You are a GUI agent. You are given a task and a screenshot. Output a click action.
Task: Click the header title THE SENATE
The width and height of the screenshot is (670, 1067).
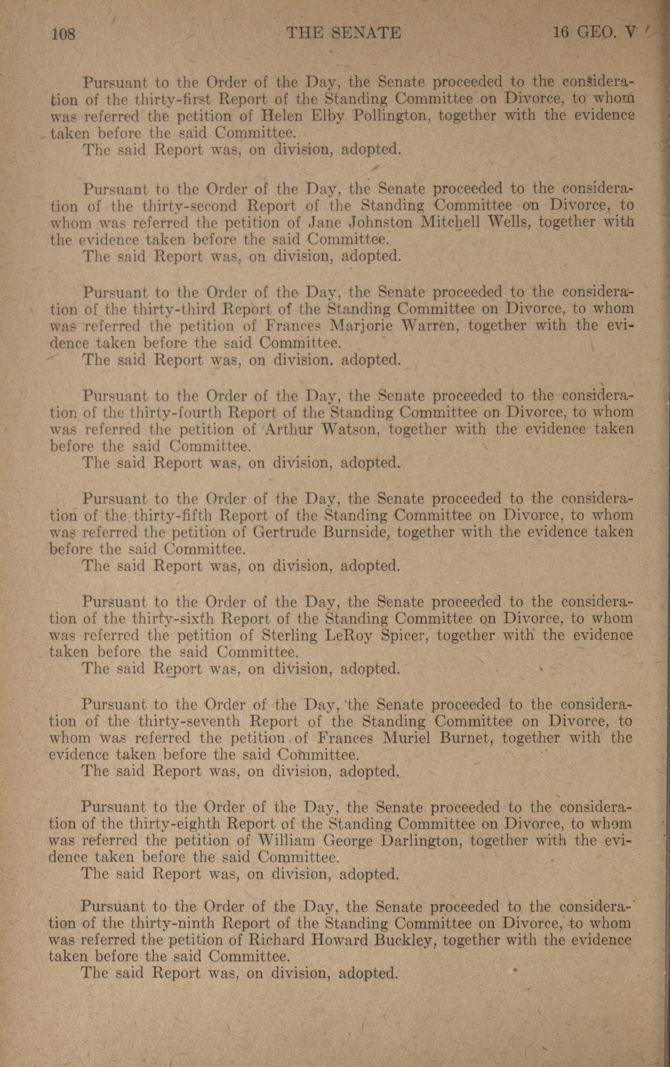(x=344, y=33)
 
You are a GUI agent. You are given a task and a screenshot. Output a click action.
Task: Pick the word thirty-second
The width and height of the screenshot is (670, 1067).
(x=190, y=206)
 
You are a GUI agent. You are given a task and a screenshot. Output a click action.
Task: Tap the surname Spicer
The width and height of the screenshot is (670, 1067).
(x=404, y=635)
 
